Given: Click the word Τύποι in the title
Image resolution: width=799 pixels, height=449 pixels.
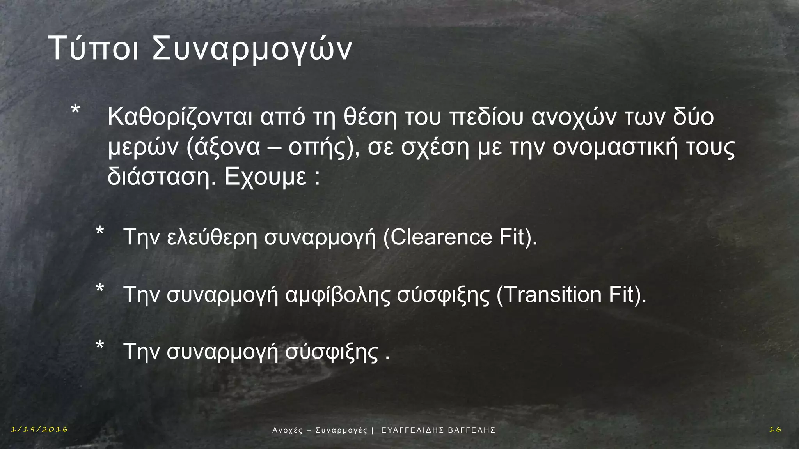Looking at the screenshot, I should point(93,48).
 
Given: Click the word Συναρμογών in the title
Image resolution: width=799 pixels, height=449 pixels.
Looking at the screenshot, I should point(252,49).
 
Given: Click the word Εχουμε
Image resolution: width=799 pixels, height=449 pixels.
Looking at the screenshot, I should point(266,177).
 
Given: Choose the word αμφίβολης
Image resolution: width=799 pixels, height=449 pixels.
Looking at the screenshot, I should point(337,295).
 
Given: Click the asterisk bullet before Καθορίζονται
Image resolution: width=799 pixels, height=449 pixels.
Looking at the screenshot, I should point(75,110).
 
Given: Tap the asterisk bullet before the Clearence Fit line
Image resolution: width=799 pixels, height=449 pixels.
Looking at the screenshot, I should point(100,231).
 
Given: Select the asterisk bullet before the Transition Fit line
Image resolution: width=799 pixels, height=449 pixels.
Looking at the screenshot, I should point(100,289).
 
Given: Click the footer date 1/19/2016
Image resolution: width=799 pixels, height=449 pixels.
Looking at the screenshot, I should point(39,430).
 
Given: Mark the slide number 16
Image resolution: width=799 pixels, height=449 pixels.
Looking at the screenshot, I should point(775,430).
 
